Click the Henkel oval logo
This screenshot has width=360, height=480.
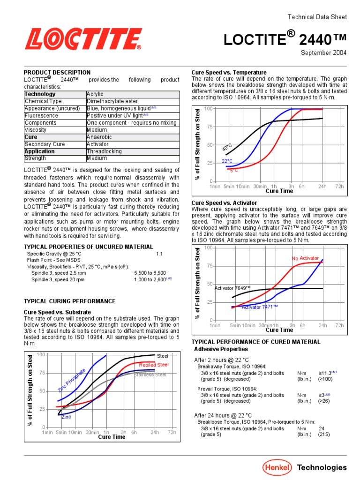point(277,467)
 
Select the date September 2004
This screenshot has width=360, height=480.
point(323,52)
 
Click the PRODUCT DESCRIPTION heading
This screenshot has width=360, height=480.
point(57,73)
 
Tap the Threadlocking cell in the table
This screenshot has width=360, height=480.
point(104,151)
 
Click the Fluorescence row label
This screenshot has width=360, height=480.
point(42,115)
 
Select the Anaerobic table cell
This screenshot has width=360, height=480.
point(100,137)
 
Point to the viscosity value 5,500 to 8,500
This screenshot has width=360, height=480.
point(150,272)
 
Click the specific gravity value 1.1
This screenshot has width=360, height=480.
point(159,253)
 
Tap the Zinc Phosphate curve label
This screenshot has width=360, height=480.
point(72,380)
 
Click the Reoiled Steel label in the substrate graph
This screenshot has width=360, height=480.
point(153,365)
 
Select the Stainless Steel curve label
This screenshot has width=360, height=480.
point(150,375)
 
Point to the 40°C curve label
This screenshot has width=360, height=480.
point(227,148)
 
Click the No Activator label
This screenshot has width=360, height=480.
point(305,258)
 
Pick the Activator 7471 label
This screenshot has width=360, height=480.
point(260,307)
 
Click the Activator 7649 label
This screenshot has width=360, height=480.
point(232,288)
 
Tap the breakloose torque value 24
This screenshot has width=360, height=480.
point(322,428)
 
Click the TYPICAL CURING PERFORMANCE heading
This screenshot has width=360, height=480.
point(69,301)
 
